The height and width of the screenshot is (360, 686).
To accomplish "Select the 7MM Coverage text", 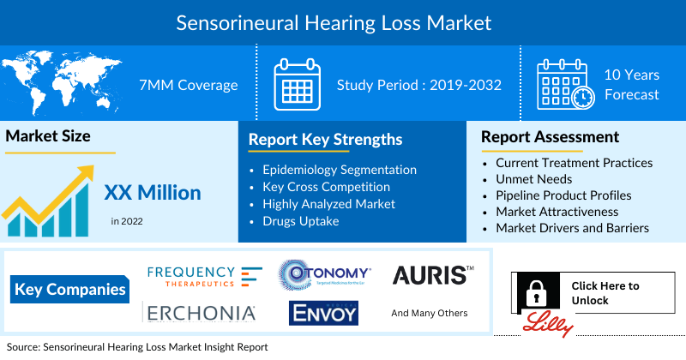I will (188, 85).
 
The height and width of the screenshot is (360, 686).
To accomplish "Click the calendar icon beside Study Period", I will (297, 85).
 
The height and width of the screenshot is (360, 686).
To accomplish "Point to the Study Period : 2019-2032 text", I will (418, 85).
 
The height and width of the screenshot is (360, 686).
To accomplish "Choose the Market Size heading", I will (48, 135).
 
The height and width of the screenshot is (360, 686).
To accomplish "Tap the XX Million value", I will (153, 193).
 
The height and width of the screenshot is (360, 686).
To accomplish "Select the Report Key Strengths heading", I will (325, 139).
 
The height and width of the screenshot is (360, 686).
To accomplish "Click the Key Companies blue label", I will (69, 289).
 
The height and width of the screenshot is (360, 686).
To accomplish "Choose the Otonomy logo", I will (325, 275).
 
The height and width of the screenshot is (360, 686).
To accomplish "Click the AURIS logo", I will (432, 275).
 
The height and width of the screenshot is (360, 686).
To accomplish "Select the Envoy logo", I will (323, 314).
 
